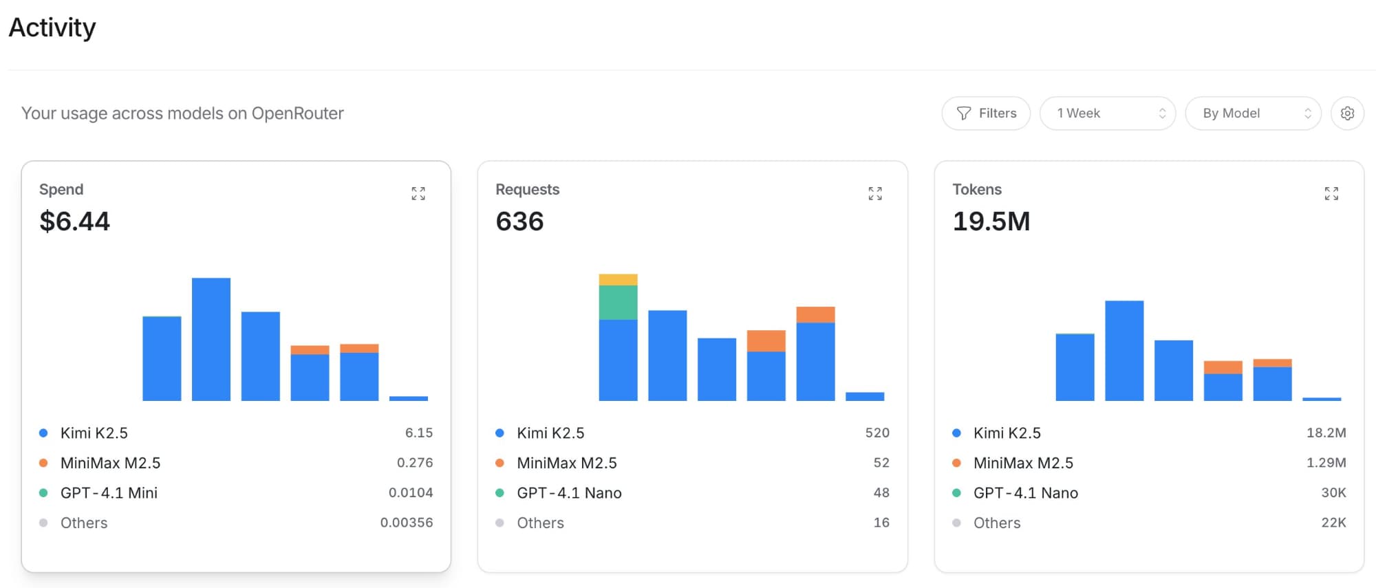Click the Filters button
tap(986, 113)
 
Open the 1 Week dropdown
tap(1107, 113)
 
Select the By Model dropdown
tap(1252, 113)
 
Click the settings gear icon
tap(1347, 113)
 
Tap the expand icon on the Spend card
tap(418, 193)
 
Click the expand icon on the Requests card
tap(874, 193)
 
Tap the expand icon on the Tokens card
tap(1331, 193)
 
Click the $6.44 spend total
tap(74, 221)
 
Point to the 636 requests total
tap(519, 221)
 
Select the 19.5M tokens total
tap(991, 221)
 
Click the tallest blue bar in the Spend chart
tap(211, 339)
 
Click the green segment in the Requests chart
tap(618, 303)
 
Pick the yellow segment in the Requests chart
tap(618, 280)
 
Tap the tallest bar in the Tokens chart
tap(1124, 351)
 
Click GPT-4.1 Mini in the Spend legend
tap(109, 493)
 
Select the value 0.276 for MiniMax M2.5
tap(415, 463)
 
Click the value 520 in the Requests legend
tap(877, 433)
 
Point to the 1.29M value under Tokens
tap(1326, 463)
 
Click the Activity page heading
tap(52, 28)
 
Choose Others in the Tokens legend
tap(997, 523)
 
